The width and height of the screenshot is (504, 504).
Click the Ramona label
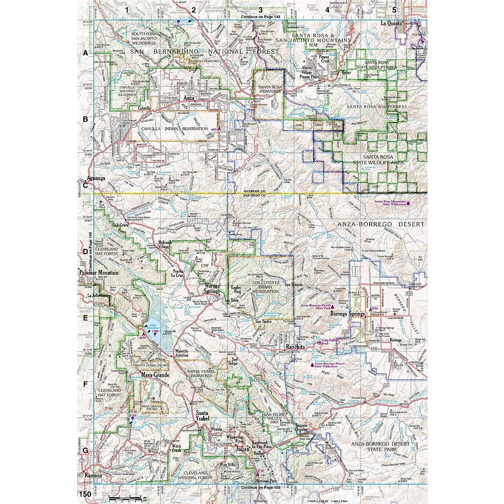[x=93, y=476]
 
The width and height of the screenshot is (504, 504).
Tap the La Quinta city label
[x=391, y=24]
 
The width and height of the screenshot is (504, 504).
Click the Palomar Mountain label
[x=99, y=273]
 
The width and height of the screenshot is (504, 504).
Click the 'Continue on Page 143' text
[x=260, y=17]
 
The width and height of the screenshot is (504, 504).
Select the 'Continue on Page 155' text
[x=260, y=487]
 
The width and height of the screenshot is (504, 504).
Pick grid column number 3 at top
[x=260, y=10]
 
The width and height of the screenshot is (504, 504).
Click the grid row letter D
[x=85, y=252]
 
